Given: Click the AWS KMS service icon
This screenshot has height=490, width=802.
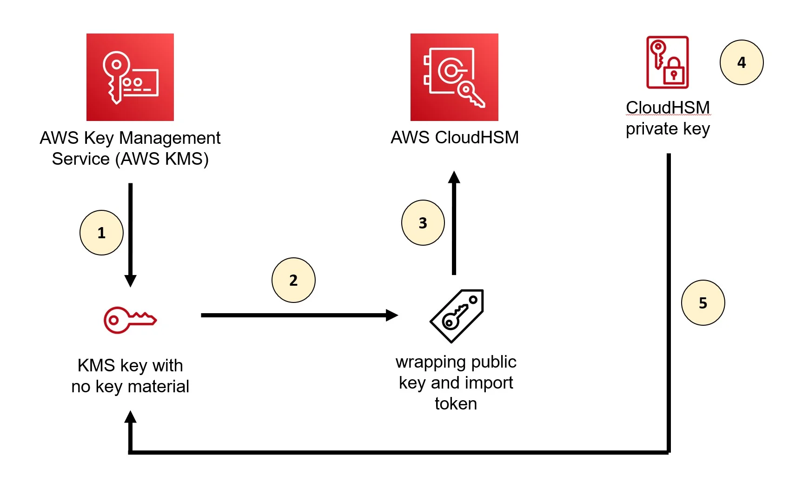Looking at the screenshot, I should point(130,77).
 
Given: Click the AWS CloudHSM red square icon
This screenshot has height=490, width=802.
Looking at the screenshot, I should point(454,77).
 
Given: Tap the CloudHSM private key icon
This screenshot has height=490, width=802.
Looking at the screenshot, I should point(667,62).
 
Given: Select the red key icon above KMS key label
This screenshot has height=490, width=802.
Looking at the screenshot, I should point(130,320).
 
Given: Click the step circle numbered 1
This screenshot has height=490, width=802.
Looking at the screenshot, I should point(101,233).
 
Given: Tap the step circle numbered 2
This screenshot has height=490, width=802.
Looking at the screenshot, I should point(293,280).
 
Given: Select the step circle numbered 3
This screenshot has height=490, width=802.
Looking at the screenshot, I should point(423,223).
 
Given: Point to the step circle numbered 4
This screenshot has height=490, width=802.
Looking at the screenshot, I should point(742,62).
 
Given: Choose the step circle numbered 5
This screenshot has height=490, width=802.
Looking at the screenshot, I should point(703,303).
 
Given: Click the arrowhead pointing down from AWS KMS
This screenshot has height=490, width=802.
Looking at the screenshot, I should point(131,281).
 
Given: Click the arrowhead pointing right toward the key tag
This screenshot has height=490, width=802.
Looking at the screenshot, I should point(392,315).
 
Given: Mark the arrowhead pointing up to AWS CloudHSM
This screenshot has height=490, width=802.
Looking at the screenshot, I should point(454,177).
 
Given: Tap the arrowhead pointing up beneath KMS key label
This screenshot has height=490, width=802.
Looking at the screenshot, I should point(131,417).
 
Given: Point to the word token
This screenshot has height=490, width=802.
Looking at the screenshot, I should point(456,403).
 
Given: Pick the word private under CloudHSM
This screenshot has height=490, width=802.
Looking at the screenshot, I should point(651,129).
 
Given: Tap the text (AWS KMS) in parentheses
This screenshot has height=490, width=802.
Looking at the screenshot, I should point(165,159).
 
